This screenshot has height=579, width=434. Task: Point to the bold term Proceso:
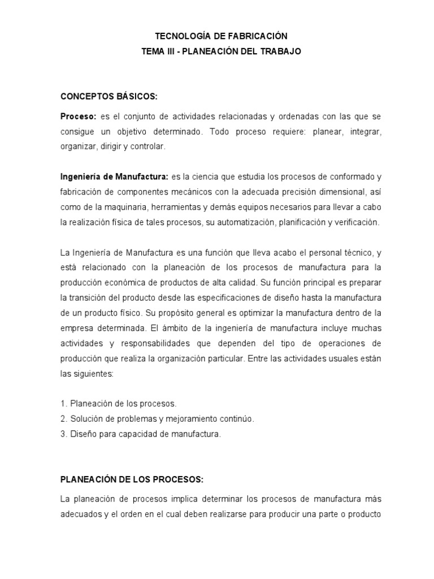tap(79, 116)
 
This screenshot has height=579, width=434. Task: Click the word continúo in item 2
tap(238, 419)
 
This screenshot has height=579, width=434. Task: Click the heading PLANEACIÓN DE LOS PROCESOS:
tap(131, 479)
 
